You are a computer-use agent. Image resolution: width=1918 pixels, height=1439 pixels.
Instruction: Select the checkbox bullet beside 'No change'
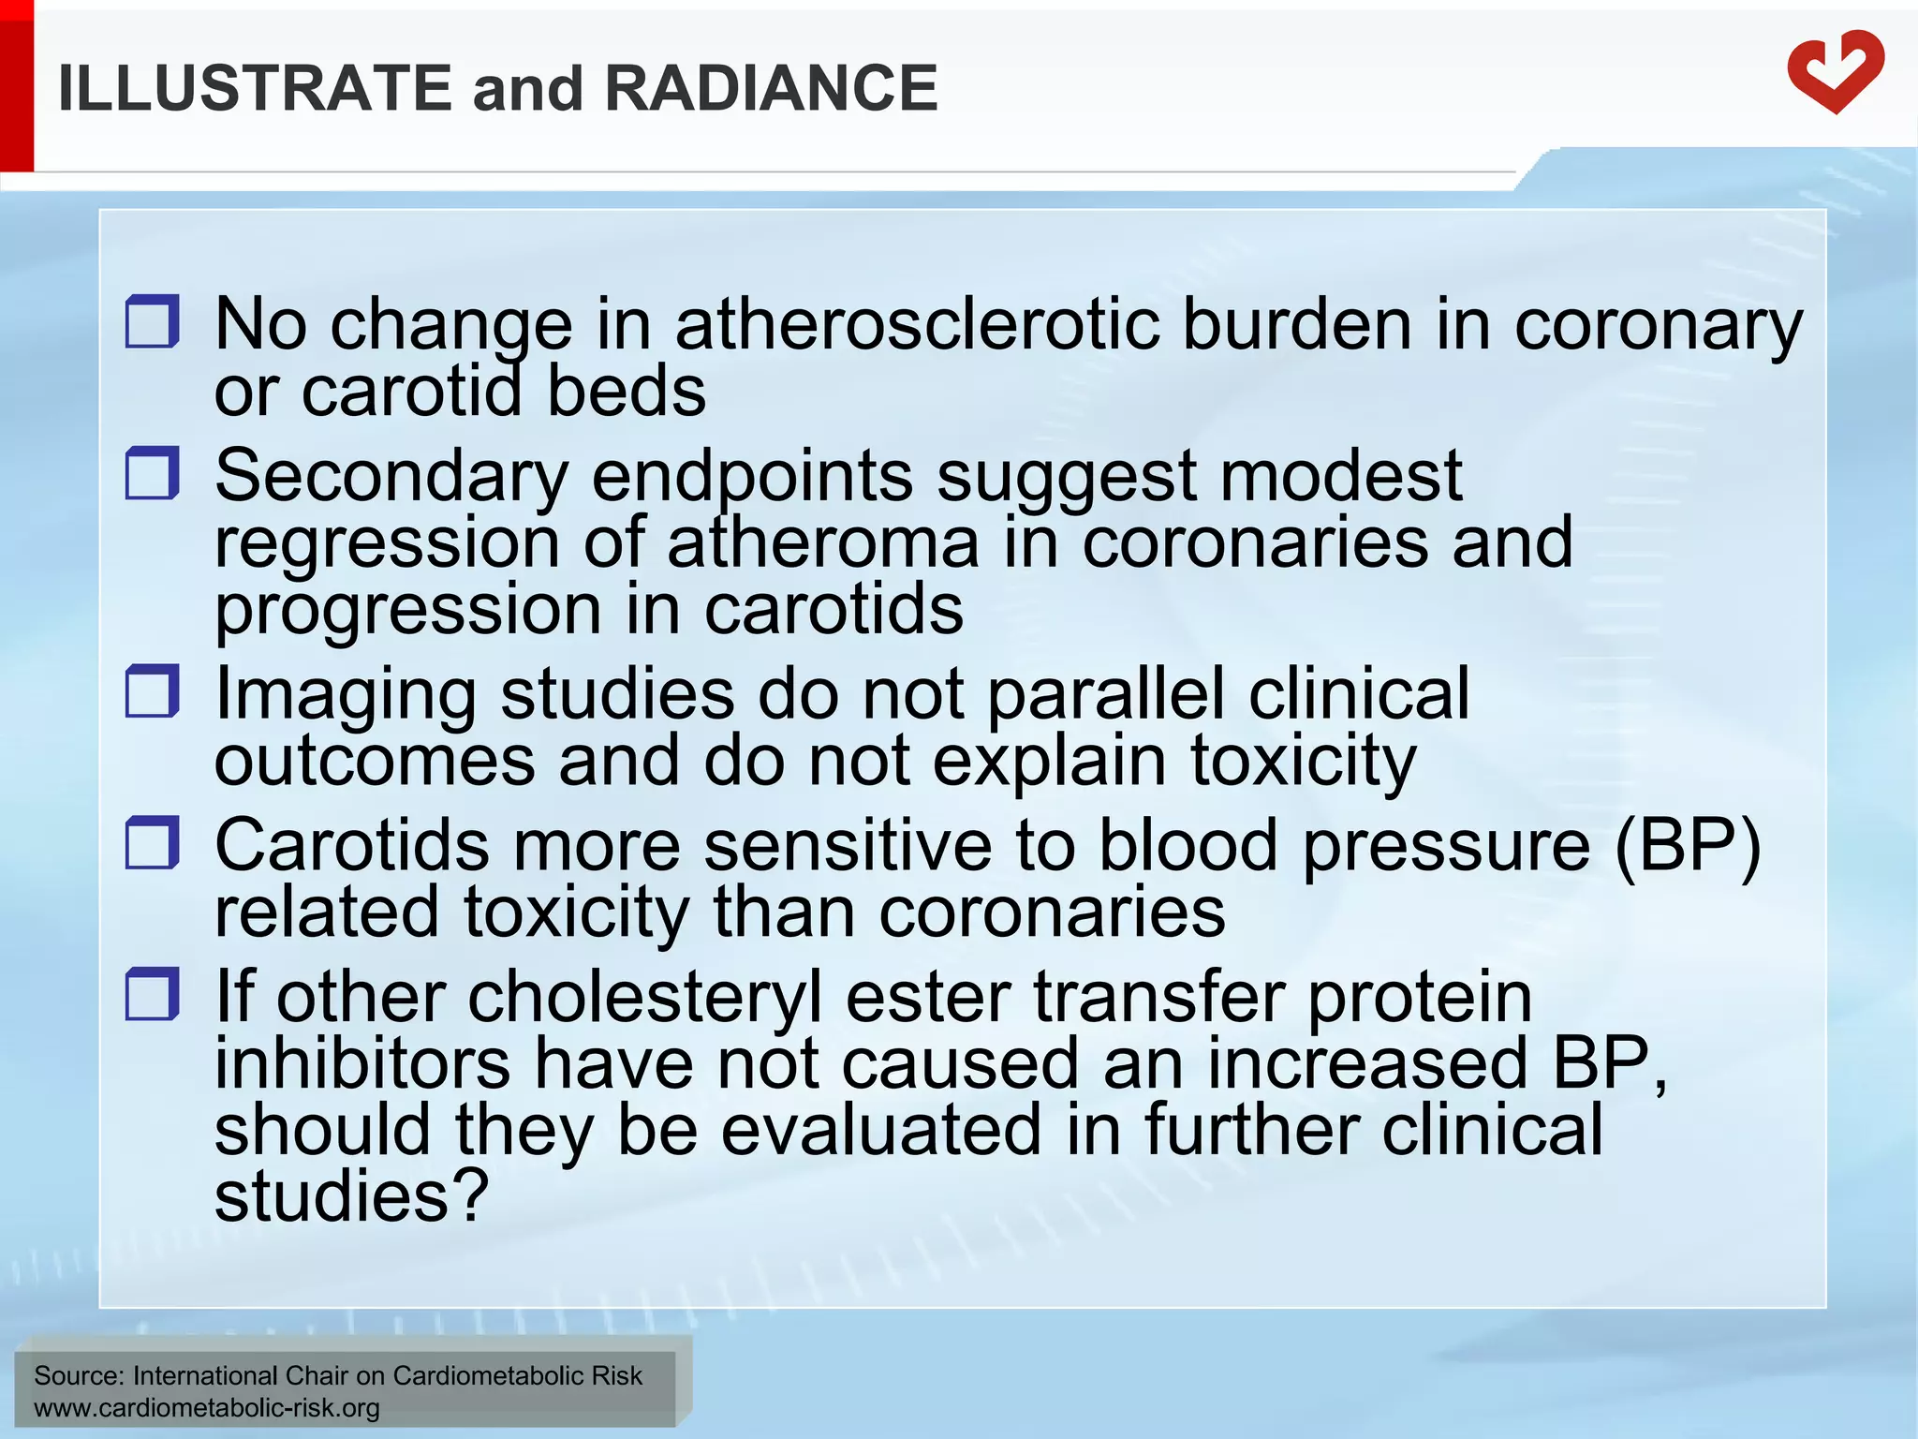(x=152, y=321)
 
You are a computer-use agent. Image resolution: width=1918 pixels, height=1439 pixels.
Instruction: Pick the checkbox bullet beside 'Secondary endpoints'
(x=152, y=472)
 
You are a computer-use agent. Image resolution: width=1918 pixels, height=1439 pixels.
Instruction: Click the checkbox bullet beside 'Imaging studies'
(x=152, y=690)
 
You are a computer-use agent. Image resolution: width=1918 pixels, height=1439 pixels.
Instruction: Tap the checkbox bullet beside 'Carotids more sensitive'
(x=152, y=841)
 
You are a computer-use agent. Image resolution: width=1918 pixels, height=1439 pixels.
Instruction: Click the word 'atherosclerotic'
(x=917, y=324)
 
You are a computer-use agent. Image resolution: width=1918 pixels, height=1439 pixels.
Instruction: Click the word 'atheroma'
(x=823, y=542)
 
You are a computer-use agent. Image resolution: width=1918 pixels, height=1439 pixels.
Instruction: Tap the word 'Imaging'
(x=346, y=696)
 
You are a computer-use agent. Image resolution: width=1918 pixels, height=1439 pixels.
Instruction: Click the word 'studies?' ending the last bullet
(x=351, y=1196)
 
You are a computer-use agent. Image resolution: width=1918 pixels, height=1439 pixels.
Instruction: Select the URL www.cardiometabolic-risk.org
(x=207, y=1408)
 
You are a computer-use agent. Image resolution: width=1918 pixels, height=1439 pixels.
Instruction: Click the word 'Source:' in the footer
(x=79, y=1375)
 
